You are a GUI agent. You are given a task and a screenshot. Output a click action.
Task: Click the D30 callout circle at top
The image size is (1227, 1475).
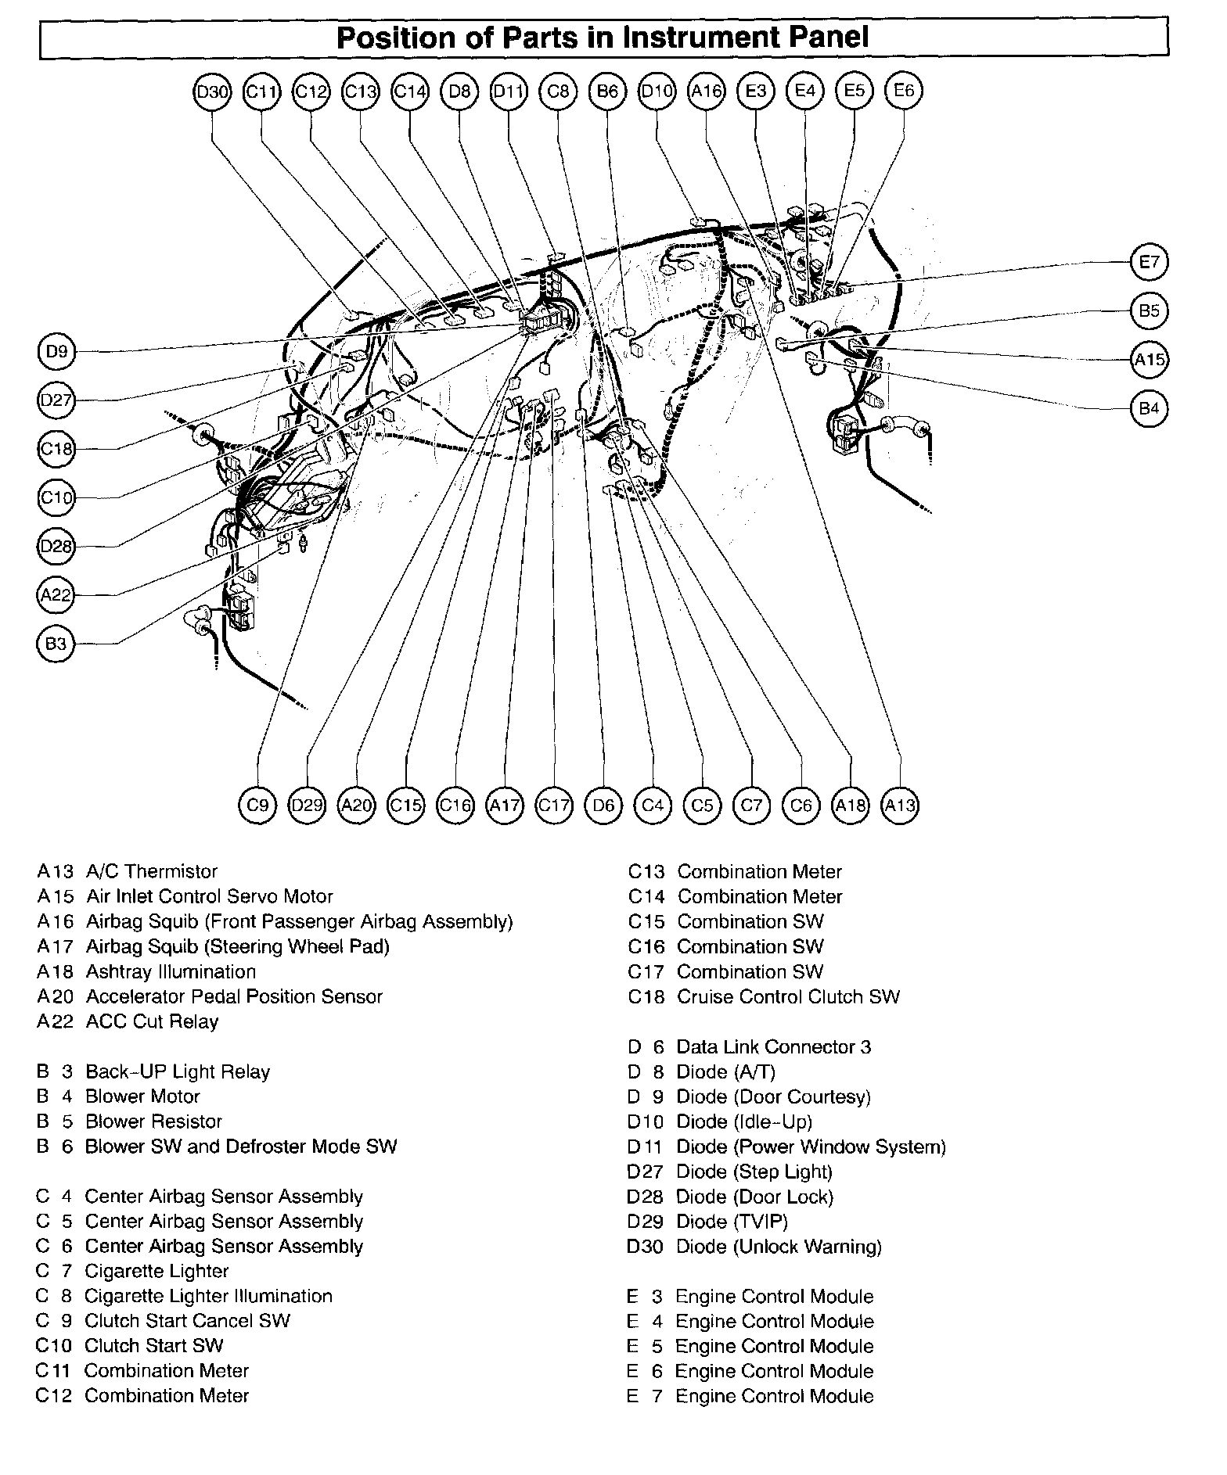[211, 92]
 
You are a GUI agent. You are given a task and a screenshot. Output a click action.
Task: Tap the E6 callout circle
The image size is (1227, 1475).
[904, 91]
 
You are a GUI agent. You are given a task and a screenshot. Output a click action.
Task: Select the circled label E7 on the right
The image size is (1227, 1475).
[1149, 262]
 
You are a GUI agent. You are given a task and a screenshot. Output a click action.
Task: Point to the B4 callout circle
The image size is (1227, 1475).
[1149, 408]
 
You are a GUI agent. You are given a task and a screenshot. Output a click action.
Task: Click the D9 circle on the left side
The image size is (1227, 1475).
[56, 352]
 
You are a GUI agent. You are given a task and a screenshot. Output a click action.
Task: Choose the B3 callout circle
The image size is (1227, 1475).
[56, 644]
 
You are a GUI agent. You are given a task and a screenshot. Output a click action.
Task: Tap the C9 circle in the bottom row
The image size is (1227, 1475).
[257, 805]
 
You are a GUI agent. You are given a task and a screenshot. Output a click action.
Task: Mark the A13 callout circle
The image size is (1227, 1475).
[900, 805]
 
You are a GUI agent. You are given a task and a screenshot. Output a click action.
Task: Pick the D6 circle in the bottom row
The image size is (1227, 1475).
[603, 805]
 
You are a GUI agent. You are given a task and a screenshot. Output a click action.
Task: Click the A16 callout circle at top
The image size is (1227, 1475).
[706, 92]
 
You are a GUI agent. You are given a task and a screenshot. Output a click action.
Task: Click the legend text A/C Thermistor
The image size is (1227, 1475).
[152, 871]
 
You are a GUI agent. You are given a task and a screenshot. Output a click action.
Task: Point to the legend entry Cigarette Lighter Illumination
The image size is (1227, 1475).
[208, 1296]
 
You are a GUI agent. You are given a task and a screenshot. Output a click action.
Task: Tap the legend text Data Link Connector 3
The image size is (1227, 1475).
[773, 1046]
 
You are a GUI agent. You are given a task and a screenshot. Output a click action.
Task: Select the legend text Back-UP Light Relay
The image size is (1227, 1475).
[178, 1071]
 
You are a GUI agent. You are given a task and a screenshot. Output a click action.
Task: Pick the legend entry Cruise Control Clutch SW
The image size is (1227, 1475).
[788, 996]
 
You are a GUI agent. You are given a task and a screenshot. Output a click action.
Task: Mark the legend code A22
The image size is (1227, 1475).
[55, 1021]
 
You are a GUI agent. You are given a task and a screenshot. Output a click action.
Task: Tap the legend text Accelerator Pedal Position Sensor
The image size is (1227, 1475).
[234, 996]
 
